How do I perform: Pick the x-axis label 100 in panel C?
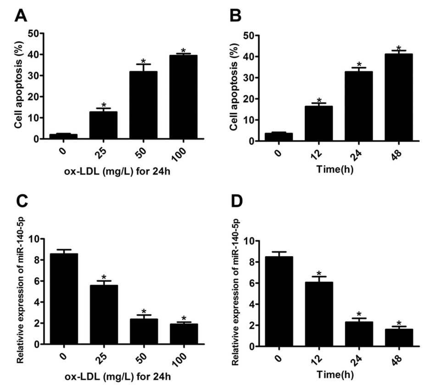(x=184, y=358)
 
